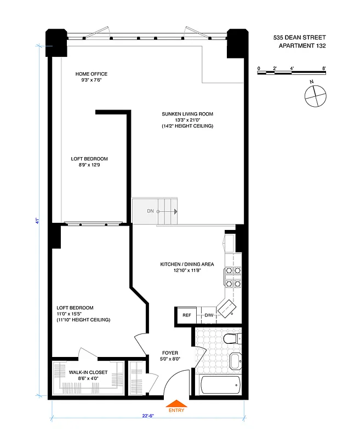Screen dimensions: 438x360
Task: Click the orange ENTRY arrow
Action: [176, 404]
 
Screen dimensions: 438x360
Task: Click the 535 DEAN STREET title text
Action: [299, 38]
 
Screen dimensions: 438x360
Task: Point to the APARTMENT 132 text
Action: [302, 46]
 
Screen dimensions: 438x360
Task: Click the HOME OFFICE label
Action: [92, 74]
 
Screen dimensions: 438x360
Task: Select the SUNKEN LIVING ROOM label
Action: [187, 114]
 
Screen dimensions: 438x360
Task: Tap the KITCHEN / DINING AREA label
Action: [187, 264]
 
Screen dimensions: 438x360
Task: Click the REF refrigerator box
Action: [186, 315]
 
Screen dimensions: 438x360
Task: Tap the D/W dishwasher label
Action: [209, 315]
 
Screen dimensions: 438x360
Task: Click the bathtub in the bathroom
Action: [220, 384]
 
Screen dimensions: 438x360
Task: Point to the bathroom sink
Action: [236, 361]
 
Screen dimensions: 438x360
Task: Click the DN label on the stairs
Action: [150, 211]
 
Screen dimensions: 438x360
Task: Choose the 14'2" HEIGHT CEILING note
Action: [187, 126]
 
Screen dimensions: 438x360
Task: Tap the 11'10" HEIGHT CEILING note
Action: [83, 320]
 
